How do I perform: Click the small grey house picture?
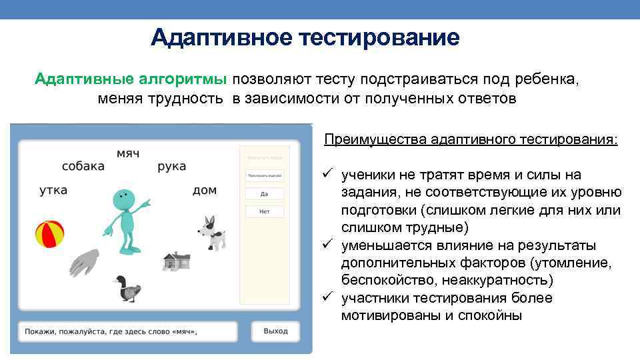tap(177, 261)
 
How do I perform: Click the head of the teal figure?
tap(123, 198)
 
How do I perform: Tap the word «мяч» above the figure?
tap(128, 153)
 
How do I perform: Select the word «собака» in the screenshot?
tap(83, 166)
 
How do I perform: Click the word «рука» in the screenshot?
tap(172, 166)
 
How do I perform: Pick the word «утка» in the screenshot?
tap(53, 190)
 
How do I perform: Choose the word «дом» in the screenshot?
tap(205, 190)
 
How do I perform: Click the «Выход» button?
tap(275, 331)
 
